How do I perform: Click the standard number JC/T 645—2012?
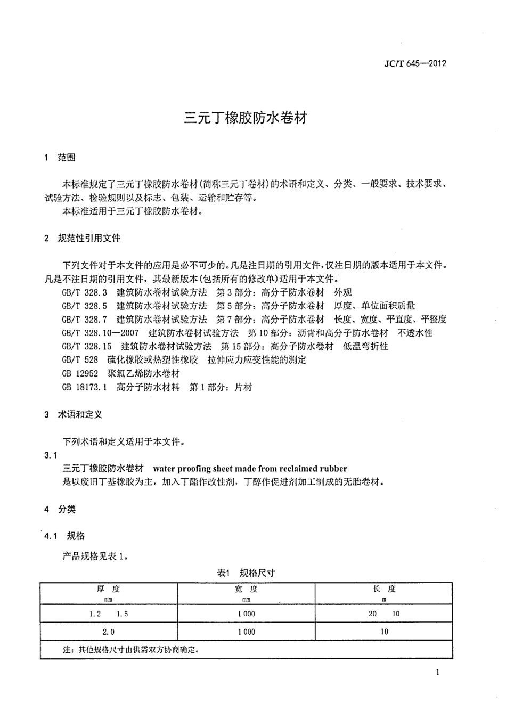pyautogui.click(x=415, y=63)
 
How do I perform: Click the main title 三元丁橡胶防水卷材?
pyautogui.click(x=246, y=118)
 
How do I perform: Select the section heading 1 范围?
pyautogui.click(x=60, y=158)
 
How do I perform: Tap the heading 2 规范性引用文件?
pyautogui.click(x=83, y=239)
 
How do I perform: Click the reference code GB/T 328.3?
pyautogui.click(x=85, y=292)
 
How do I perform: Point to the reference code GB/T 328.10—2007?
pyautogui.click(x=100, y=333)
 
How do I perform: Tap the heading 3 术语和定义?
pyautogui.click(x=73, y=415)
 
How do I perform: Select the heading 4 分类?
pyautogui.click(x=60, y=510)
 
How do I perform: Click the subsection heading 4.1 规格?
pyautogui.click(x=64, y=536)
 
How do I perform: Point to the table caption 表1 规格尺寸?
pyautogui.click(x=246, y=573)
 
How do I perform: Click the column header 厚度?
pyautogui.click(x=108, y=589)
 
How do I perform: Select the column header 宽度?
pyautogui.click(x=246, y=589)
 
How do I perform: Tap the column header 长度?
pyautogui.click(x=384, y=589)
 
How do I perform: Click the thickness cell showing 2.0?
pyautogui.click(x=108, y=632)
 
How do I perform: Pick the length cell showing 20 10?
pyautogui.click(x=384, y=614)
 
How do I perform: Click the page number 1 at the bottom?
pyautogui.click(x=438, y=673)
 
